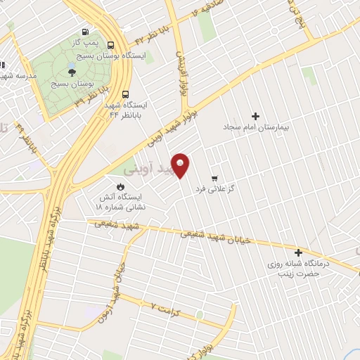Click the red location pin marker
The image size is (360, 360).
pyautogui.click(x=181, y=165)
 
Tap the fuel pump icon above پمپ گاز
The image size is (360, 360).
pyautogui.click(x=85, y=32)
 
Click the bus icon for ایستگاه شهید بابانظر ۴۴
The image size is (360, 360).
pyautogui.click(x=125, y=94)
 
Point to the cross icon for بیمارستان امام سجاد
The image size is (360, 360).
pyautogui.click(x=255, y=116)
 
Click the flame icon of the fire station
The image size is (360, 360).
pyautogui.click(x=120, y=186)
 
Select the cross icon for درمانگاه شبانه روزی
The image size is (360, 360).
pyautogui.click(x=298, y=252)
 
